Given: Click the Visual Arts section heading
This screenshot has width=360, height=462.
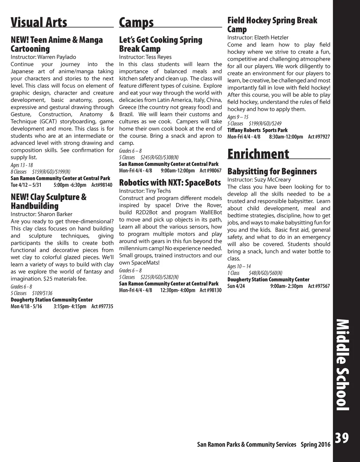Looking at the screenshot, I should point(39,22).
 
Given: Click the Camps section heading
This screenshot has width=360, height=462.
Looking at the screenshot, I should point(136,22).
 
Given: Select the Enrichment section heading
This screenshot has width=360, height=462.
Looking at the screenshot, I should point(258,154).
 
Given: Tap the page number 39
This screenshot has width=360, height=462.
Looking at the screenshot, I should point(341,438).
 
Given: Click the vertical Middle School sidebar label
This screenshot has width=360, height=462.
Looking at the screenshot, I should point(342,365).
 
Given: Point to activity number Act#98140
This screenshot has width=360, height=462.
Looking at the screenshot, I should point(102,185).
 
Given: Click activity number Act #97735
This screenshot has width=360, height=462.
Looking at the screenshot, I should point(102,306).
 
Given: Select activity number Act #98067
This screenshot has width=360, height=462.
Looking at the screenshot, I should point(211,171).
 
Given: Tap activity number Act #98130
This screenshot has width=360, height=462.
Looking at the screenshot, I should point(211,290).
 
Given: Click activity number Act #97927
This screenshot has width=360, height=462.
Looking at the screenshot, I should point(319,136).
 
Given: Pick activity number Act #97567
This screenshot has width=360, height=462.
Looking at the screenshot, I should point(319,286).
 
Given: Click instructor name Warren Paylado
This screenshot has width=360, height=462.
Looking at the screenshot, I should point(57,57).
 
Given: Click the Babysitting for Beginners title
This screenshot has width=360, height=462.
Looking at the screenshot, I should point(272,171).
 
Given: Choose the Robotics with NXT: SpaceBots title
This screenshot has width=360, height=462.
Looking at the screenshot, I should point(170,182).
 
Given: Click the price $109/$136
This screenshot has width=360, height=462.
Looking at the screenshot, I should point(42,293).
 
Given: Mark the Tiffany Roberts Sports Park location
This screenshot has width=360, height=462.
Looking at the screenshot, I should point(257,130).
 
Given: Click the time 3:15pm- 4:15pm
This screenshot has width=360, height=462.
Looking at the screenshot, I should point(70,306).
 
